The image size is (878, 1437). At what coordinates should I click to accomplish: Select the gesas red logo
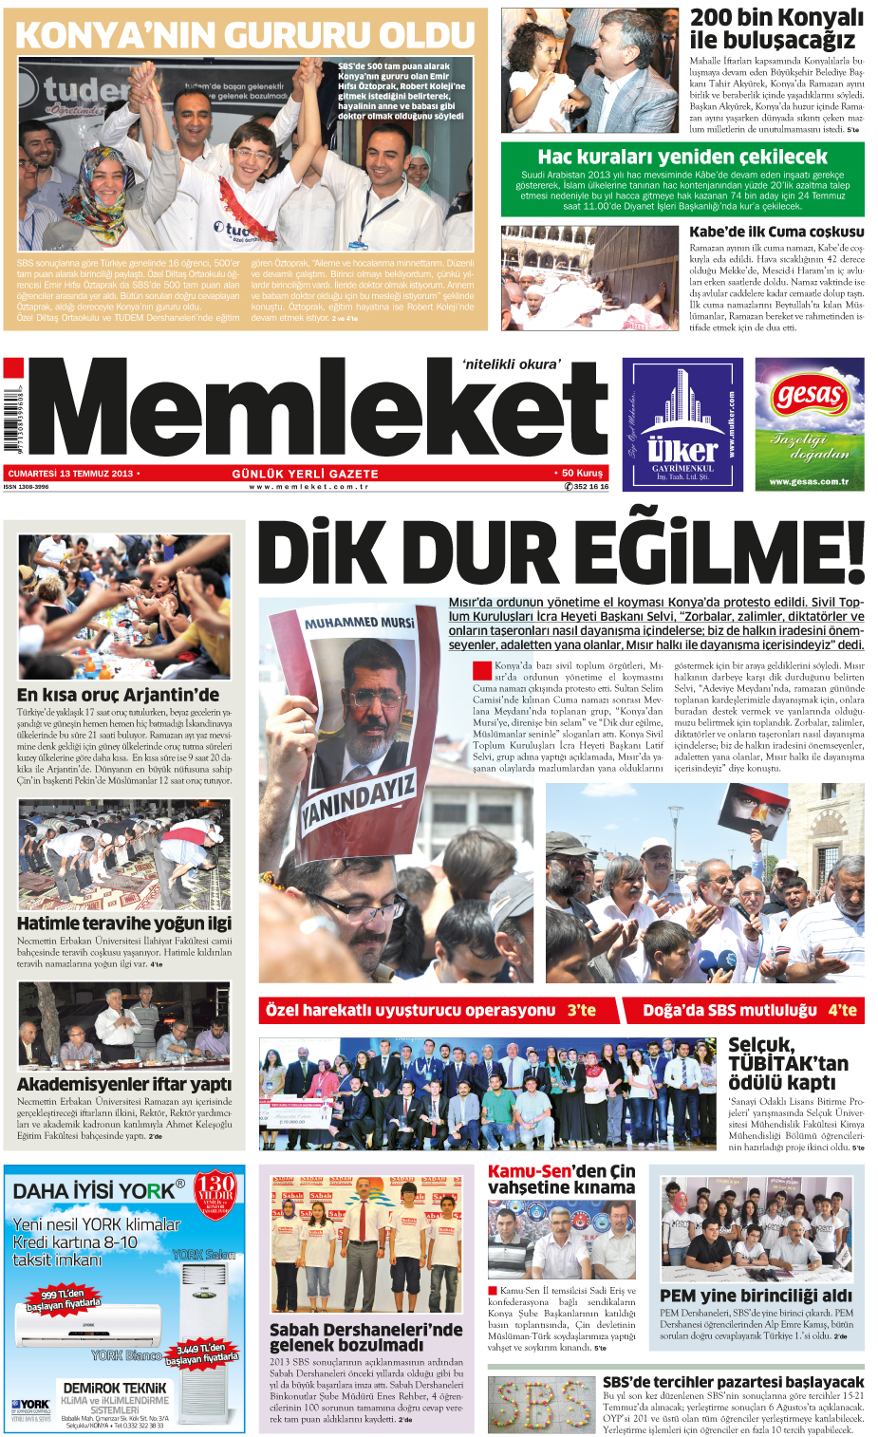[809, 395]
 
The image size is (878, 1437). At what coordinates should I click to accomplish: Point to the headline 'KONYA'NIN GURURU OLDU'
[246, 35]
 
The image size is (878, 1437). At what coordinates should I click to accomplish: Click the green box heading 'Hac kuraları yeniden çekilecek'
[682, 157]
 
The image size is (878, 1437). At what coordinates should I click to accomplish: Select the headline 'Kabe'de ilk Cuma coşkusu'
[776, 232]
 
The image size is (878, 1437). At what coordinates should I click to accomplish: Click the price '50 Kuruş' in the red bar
[581, 473]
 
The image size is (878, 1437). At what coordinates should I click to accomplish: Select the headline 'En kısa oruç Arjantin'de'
[118, 695]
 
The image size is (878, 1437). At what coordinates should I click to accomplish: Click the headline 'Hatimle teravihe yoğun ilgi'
[124, 923]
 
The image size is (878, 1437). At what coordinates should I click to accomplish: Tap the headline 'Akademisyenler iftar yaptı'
[124, 1084]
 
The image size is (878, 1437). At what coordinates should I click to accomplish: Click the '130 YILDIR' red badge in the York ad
[215, 1192]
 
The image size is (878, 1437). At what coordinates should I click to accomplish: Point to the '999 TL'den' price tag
[64, 1298]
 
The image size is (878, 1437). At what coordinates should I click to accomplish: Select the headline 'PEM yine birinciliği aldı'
[756, 1296]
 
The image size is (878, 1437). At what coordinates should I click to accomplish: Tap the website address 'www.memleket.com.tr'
[308, 487]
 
